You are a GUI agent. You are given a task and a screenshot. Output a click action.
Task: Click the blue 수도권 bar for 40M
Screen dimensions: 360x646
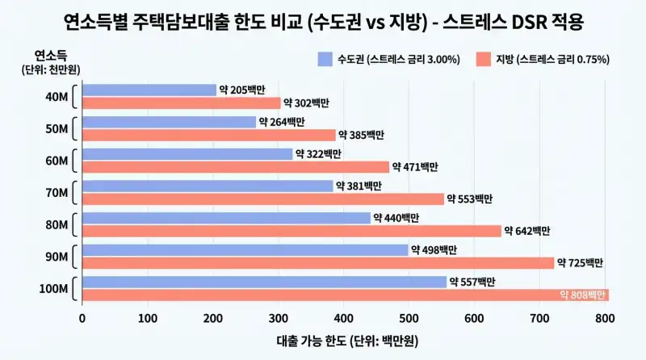click(x=149, y=90)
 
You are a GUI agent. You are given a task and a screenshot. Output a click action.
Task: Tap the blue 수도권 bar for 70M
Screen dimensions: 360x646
click(x=208, y=186)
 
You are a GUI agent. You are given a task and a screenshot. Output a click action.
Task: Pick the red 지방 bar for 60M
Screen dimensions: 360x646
click(x=236, y=167)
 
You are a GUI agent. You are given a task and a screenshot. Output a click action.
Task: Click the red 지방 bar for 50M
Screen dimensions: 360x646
click(x=209, y=135)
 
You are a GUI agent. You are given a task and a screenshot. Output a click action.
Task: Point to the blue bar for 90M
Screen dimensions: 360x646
click(x=245, y=250)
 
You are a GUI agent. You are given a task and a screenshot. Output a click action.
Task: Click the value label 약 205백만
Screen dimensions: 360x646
click(x=244, y=90)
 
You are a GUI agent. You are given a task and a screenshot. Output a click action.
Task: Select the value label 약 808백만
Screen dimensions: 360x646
click(x=581, y=295)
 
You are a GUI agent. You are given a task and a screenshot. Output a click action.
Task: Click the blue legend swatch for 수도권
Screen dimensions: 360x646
click(x=325, y=58)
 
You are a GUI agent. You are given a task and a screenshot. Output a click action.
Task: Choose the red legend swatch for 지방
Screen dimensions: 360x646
click(x=484, y=58)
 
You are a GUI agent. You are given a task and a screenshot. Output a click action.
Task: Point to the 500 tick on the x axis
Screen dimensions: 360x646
click(x=409, y=318)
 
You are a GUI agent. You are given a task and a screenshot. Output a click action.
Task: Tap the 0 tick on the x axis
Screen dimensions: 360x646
click(x=82, y=318)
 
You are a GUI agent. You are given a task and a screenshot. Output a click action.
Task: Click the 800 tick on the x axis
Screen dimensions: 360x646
click(x=606, y=318)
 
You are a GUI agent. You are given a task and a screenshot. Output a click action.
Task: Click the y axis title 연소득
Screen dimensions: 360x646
click(x=50, y=55)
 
